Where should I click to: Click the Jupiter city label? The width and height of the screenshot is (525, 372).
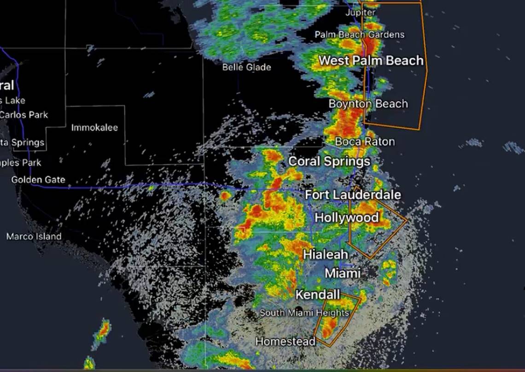point(360,12)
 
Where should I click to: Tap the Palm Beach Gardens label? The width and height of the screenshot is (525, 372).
point(359,35)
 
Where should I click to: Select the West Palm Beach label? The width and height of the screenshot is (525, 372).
point(371,60)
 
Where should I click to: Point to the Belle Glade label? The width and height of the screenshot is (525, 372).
point(246,67)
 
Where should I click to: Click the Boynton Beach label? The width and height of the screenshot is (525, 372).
point(368,104)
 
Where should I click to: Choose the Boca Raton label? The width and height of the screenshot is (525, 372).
point(365,142)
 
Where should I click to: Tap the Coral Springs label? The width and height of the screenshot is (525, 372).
point(329,161)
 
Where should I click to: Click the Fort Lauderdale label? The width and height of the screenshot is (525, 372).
point(353,195)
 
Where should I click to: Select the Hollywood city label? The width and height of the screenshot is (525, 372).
point(347,218)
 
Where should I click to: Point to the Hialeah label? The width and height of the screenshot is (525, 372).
point(326,254)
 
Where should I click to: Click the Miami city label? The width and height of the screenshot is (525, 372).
point(343,273)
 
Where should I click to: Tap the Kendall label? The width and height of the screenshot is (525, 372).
point(318,295)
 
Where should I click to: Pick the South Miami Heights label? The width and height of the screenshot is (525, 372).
point(304,313)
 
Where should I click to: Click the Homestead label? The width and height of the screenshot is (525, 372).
point(286,342)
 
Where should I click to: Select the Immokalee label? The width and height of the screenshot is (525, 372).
point(94,128)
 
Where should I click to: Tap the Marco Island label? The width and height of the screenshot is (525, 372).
point(34,236)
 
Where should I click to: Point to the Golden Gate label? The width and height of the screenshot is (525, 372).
point(38,180)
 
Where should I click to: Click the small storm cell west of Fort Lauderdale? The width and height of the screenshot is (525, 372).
point(225,196)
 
